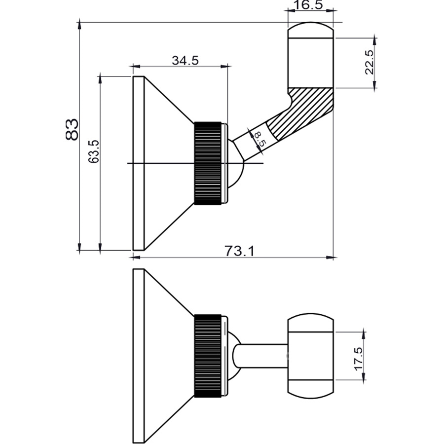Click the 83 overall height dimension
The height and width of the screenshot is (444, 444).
[x=72, y=129]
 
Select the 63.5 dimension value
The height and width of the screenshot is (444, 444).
[x=94, y=151]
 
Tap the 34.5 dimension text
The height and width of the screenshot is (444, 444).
[x=185, y=61]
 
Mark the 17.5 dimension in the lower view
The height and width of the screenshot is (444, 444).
[x=358, y=359]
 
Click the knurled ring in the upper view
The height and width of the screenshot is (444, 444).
[x=208, y=163]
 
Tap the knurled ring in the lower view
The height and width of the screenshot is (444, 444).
[x=208, y=355]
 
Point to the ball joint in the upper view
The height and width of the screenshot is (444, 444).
[x=236, y=165]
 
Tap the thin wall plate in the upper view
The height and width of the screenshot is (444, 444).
[x=138, y=163]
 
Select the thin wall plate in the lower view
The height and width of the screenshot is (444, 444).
[x=138, y=355]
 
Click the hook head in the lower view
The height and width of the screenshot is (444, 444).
[x=310, y=355]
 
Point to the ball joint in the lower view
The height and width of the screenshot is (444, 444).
[x=234, y=355]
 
